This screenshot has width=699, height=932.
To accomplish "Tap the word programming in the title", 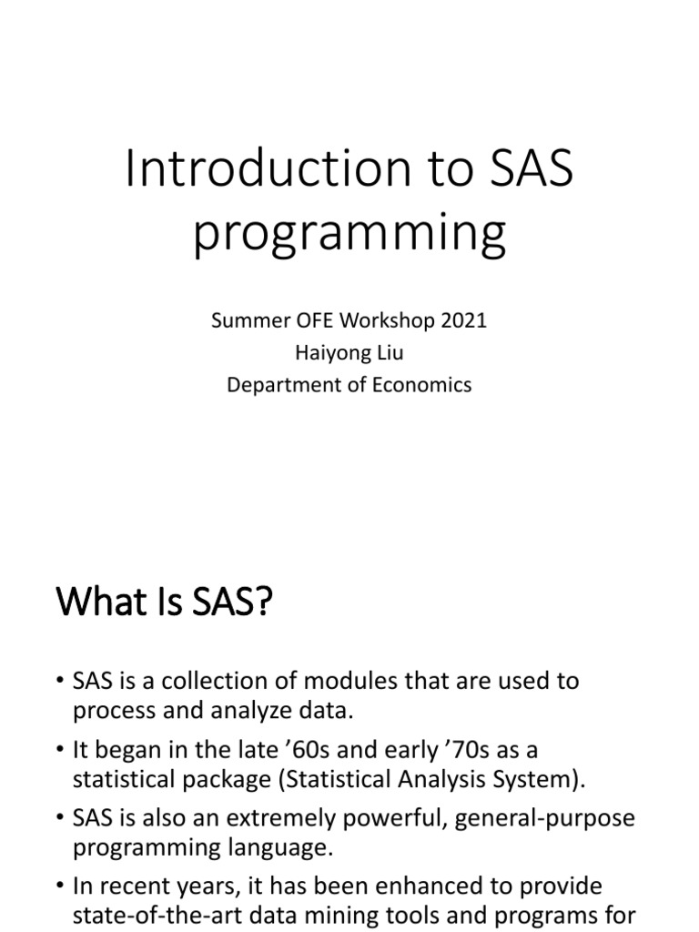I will coord(349,232).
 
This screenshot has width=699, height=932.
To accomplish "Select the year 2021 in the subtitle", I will coord(465,320).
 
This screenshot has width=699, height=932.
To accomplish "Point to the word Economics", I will coord(424,384).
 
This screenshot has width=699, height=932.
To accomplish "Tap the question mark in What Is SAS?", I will coord(264,604).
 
